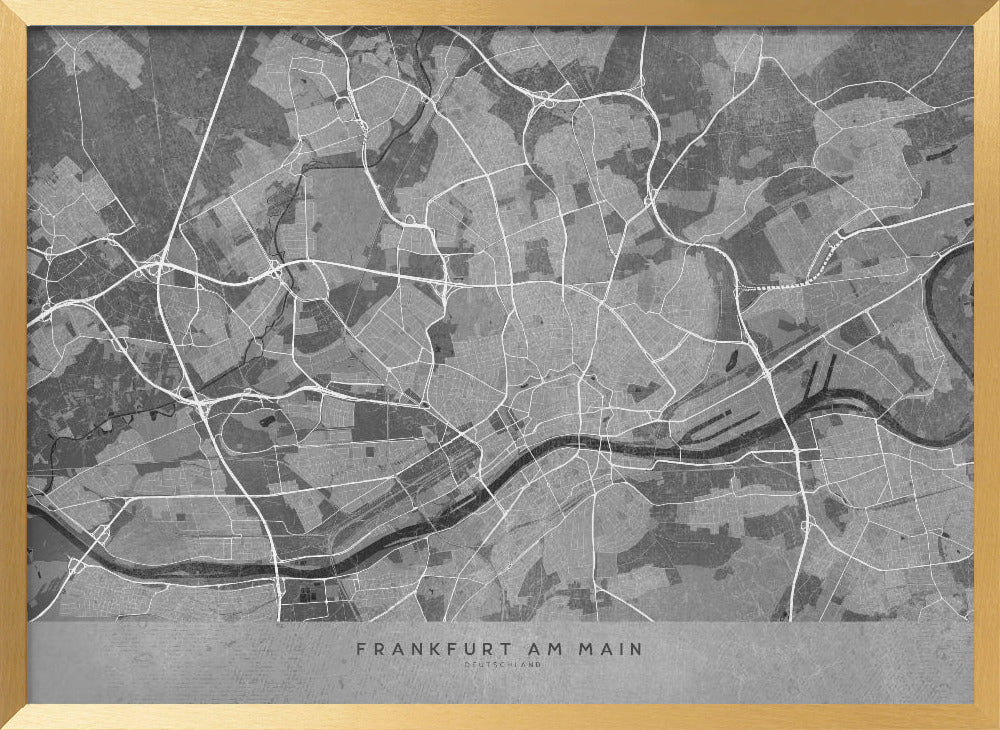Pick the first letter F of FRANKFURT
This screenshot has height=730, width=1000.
(x=361, y=649)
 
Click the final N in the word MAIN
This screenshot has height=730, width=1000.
(x=638, y=649)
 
